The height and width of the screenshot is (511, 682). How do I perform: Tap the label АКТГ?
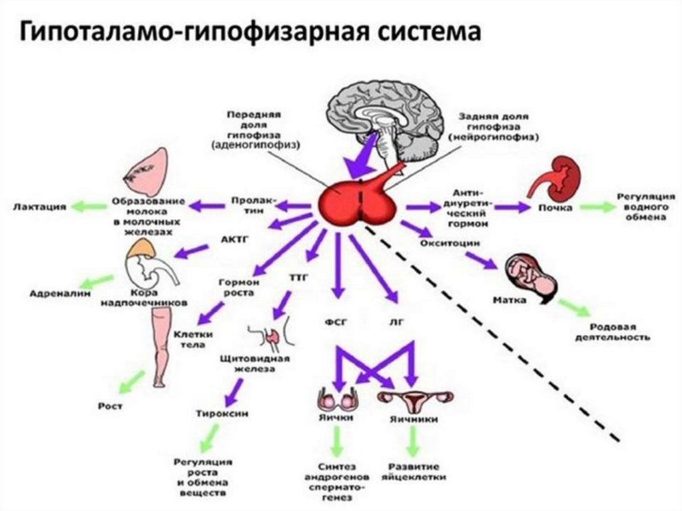click(233, 238)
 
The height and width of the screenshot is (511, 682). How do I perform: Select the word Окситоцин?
click(450, 244)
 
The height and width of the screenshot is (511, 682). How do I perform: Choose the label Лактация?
click(39, 207)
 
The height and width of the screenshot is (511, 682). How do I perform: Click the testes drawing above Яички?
click(336, 401)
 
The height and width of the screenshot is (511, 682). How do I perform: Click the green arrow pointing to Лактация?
click(85, 207)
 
